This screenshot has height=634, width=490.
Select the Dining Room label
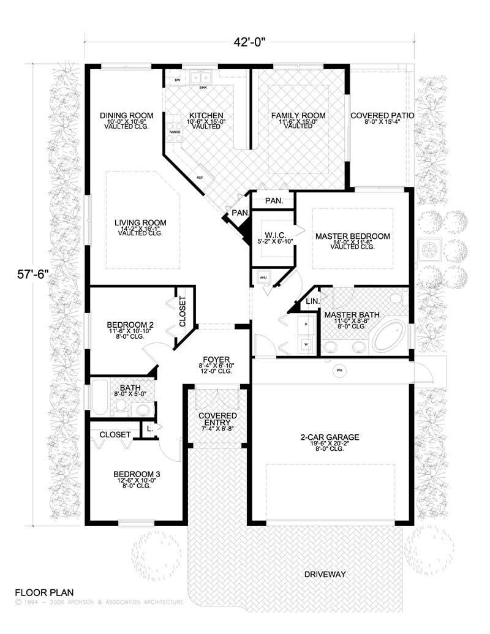(127, 115)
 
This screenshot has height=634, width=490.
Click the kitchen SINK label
(203, 88)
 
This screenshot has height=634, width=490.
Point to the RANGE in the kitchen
(175, 132)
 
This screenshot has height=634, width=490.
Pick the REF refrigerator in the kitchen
(200, 178)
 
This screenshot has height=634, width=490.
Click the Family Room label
(298, 115)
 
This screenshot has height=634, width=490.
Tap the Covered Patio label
(382, 115)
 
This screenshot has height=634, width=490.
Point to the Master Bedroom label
(353, 236)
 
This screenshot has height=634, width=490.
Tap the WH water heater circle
(338, 370)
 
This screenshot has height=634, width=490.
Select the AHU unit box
(263, 277)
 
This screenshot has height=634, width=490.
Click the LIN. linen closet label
(312, 301)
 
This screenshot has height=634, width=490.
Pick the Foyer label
(217, 360)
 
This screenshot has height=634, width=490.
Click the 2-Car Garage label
(330, 437)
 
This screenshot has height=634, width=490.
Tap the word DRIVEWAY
(325, 574)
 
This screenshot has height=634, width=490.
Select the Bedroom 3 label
(137, 474)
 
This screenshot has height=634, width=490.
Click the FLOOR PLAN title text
(44, 592)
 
